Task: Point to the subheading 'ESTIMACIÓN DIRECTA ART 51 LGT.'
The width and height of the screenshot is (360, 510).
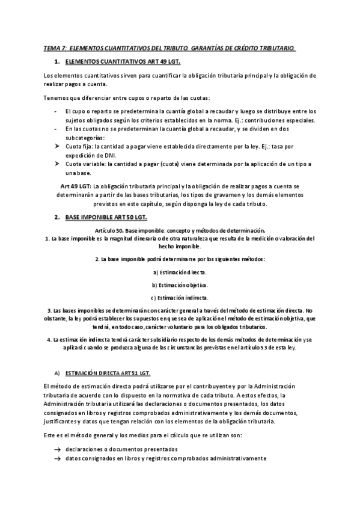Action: (107, 373)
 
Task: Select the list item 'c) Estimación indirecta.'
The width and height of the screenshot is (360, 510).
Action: (180, 297)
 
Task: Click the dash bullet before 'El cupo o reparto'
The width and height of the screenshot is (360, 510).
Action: (56, 111)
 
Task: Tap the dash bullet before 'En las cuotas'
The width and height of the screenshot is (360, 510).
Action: (56, 129)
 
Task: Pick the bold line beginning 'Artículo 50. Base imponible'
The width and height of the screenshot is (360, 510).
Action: (180, 230)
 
